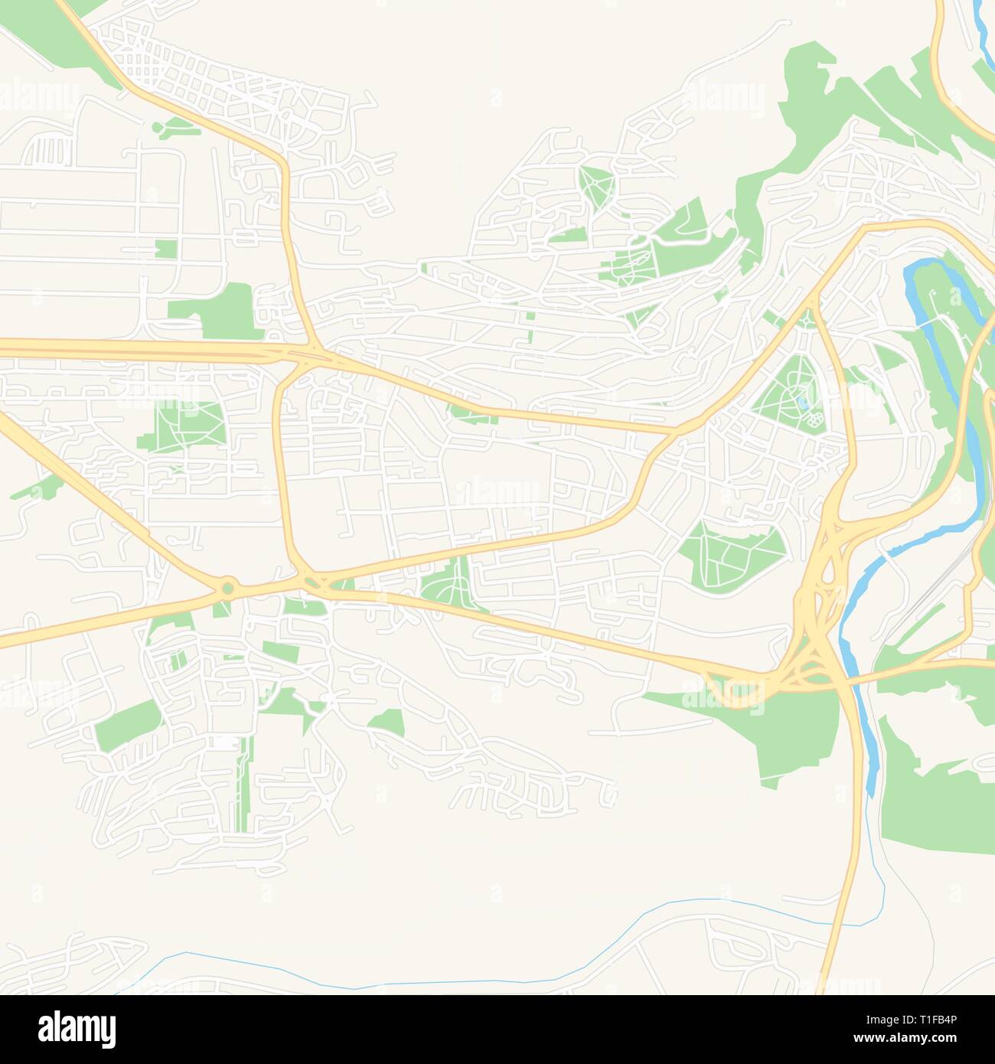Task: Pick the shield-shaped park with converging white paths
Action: (596, 184)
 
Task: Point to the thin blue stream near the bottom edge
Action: (383, 968)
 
